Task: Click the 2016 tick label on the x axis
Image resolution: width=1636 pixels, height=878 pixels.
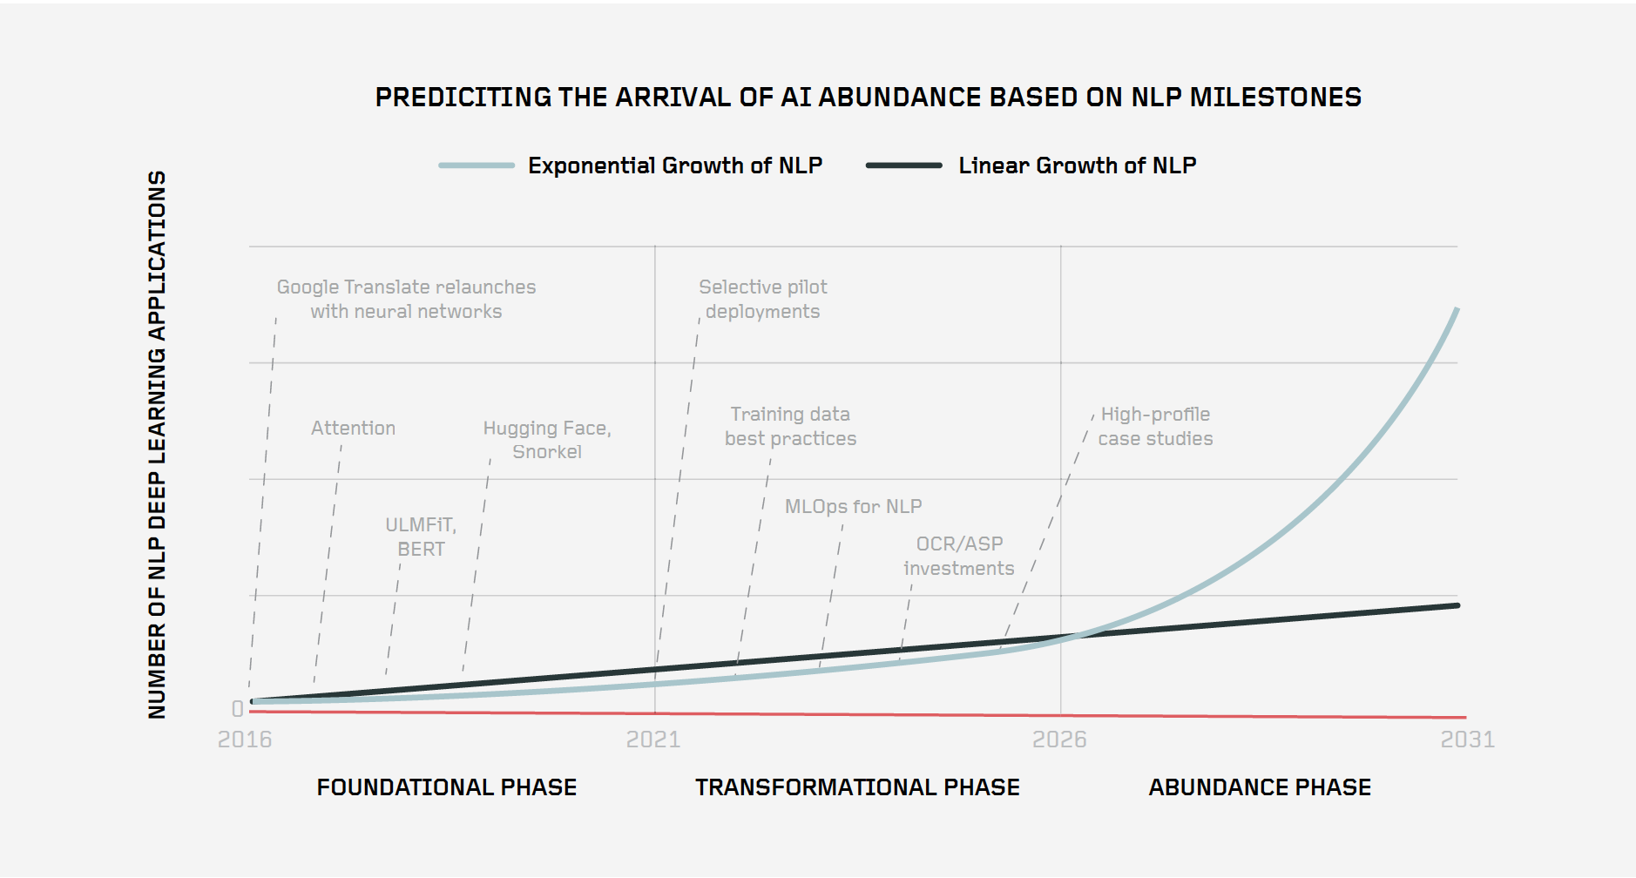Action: [x=245, y=740]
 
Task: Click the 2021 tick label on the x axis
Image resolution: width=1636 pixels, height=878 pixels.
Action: [x=653, y=740]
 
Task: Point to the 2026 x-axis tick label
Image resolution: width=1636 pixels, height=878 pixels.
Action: [x=1059, y=740]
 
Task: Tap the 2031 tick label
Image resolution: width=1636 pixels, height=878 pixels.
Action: [x=1467, y=740]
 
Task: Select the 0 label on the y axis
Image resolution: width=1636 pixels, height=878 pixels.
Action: [x=237, y=709]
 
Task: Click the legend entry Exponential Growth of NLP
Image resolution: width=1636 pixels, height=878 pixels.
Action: [x=674, y=165]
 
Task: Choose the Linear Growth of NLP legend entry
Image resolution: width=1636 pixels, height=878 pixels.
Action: [x=1077, y=165]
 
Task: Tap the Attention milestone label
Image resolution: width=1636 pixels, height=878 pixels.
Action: [x=353, y=428]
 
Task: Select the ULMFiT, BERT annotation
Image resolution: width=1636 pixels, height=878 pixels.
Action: [x=421, y=537]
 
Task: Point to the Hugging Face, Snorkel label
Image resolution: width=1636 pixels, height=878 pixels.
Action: [x=547, y=440]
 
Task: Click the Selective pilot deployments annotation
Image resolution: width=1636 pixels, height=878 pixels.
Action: [x=762, y=299]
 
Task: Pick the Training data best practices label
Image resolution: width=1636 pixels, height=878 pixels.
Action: [x=790, y=426]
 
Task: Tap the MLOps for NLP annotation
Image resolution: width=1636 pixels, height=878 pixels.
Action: [x=853, y=506]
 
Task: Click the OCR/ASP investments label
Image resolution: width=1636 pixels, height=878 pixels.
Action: [x=959, y=556]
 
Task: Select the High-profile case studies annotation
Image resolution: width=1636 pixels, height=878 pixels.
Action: [x=1155, y=426]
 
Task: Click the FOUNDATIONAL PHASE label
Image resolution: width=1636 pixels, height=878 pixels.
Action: [x=446, y=787]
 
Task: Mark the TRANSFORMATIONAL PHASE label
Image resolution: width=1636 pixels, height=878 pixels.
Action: [x=857, y=787]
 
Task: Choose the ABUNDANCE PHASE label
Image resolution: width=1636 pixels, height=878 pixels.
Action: [x=1260, y=787]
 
